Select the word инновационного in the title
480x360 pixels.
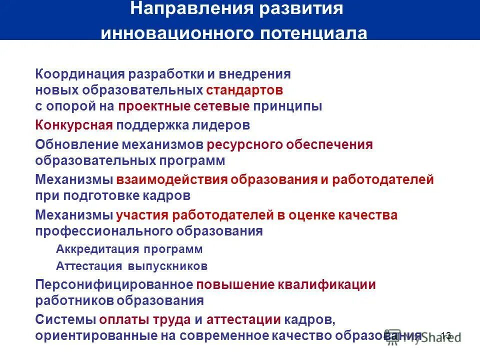click(x=177, y=33)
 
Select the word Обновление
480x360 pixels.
click(x=75, y=144)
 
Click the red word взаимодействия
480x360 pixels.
click(x=172, y=179)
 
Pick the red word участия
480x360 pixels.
click(x=142, y=215)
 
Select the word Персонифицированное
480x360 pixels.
click(x=114, y=284)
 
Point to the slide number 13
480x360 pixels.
click(x=446, y=335)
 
